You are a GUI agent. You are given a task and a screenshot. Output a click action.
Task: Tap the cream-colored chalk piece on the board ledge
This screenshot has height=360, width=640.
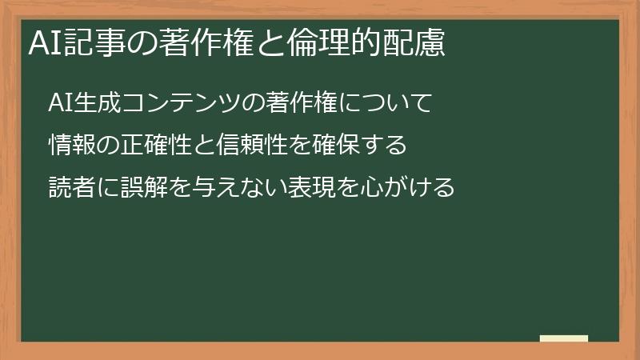[564, 339]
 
